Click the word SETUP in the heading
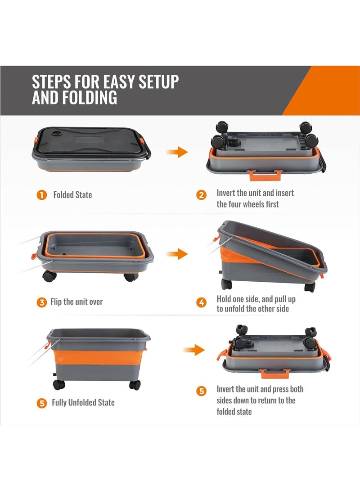coord(158,81)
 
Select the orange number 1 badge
coord(42,195)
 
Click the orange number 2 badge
coord(201,195)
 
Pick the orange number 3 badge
coord(42,302)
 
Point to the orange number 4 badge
coord(201,302)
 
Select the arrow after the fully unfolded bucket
coord(194,350)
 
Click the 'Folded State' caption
coord(72,195)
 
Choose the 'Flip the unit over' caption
coord(76,302)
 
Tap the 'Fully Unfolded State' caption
coord(83,402)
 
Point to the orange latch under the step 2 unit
coord(265,176)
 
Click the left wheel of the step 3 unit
coord(49,276)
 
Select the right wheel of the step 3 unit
coord(131,277)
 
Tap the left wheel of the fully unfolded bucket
coord(59,384)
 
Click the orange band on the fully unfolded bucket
coord(99,357)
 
